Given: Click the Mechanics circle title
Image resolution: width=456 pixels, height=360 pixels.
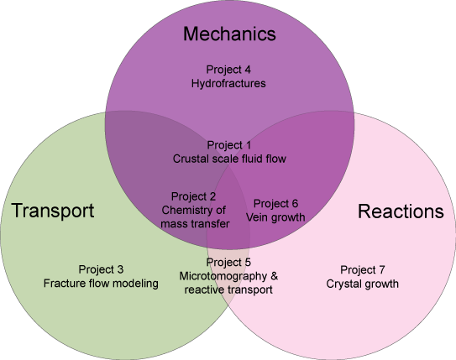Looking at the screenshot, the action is click(x=229, y=34).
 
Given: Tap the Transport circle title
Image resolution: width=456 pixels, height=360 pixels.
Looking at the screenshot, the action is click(x=53, y=211).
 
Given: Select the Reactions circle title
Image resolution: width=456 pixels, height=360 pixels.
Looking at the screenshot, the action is click(x=401, y=211).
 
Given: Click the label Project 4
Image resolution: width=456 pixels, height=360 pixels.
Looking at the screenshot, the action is click(x=228, y=70).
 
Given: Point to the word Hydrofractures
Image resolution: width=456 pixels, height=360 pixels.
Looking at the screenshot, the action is click(x=228, y=84).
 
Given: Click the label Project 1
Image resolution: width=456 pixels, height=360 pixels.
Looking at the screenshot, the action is click(x=229, y=145).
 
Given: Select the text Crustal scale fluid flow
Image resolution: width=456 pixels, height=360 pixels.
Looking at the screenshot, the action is click(x=229, y=159).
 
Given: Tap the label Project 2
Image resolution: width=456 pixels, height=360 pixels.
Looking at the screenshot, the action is click(x=193, y=196).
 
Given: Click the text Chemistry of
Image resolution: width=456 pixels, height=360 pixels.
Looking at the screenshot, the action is click(x=193, y=210).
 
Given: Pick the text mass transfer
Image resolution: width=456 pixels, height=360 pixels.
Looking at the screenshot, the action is click(x=195, y=224).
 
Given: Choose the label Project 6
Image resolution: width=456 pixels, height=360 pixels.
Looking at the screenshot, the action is click(x=275, y=204).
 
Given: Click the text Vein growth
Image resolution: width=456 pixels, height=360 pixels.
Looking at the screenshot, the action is click(x=275, y=217).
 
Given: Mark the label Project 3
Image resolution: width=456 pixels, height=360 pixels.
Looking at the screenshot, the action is click(x=101, y=269).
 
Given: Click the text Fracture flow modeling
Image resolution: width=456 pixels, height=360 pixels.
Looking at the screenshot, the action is click(x=101, y=284).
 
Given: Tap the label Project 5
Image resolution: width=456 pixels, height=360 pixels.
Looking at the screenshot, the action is click(x=228, y=263).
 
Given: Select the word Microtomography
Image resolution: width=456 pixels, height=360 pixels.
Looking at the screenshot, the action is click(x=223, y=276).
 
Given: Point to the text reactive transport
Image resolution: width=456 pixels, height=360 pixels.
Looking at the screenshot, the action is click(x=228, y=290).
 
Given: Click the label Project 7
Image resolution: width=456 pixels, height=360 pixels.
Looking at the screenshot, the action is click(x=363, y=270).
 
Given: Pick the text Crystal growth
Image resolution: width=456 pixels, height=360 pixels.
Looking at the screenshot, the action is click(x=362, y=284).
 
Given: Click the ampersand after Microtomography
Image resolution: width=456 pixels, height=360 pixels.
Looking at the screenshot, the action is click(x=275, y=276).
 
